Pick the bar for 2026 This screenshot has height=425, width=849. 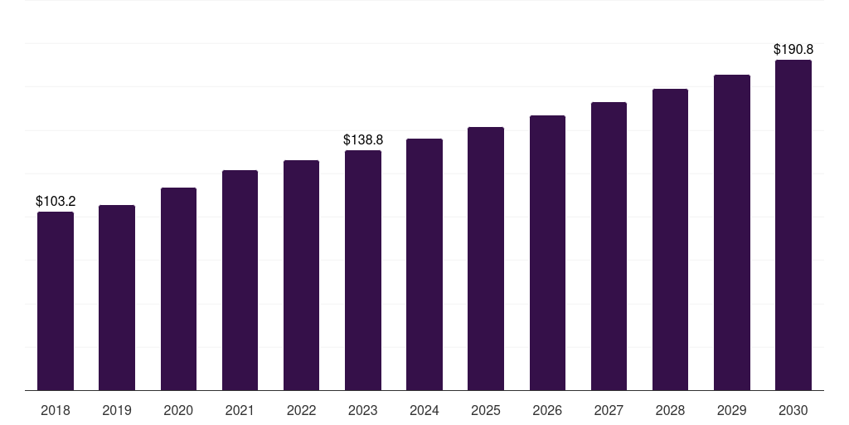[547, 252]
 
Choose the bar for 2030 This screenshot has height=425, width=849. [793, 225]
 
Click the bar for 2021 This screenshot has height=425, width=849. [240, 280]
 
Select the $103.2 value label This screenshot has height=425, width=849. [56, 201]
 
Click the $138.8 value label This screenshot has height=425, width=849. [363, 139]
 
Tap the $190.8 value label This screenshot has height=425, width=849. [793, 49]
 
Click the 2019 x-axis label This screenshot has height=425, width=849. [117, 410]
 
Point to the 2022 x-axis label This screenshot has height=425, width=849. [301, 410]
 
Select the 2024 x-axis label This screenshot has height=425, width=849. [424, 410]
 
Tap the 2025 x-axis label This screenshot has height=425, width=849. [486, 410]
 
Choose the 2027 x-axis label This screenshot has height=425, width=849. [609, 410]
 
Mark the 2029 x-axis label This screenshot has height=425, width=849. [732, 410]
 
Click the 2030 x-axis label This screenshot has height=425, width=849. [793, 410]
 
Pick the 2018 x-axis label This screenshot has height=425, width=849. [56, 410]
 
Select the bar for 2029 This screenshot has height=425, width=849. [732, 232]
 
